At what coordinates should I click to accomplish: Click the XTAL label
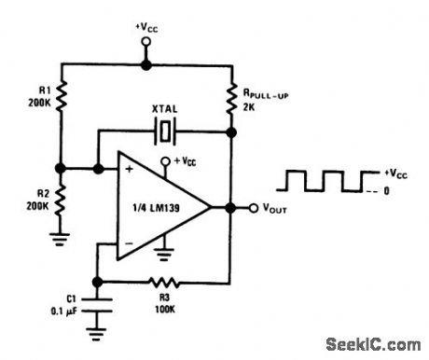coord(165,110)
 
